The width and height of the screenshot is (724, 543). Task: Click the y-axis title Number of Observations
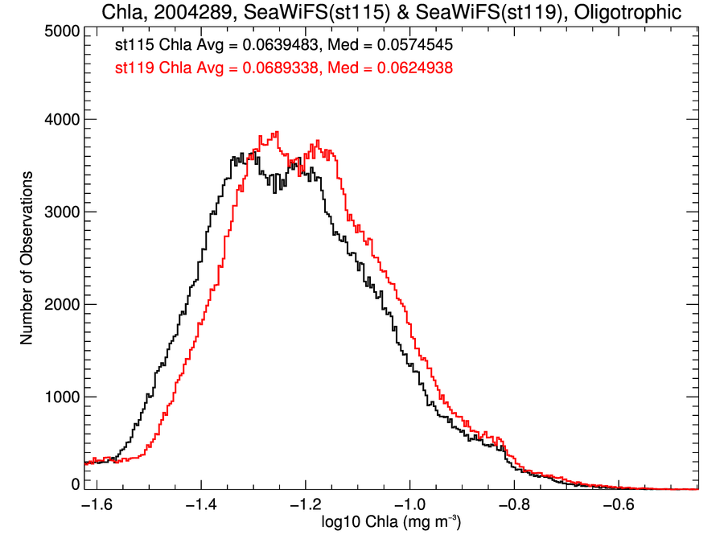tap(27, 257)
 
